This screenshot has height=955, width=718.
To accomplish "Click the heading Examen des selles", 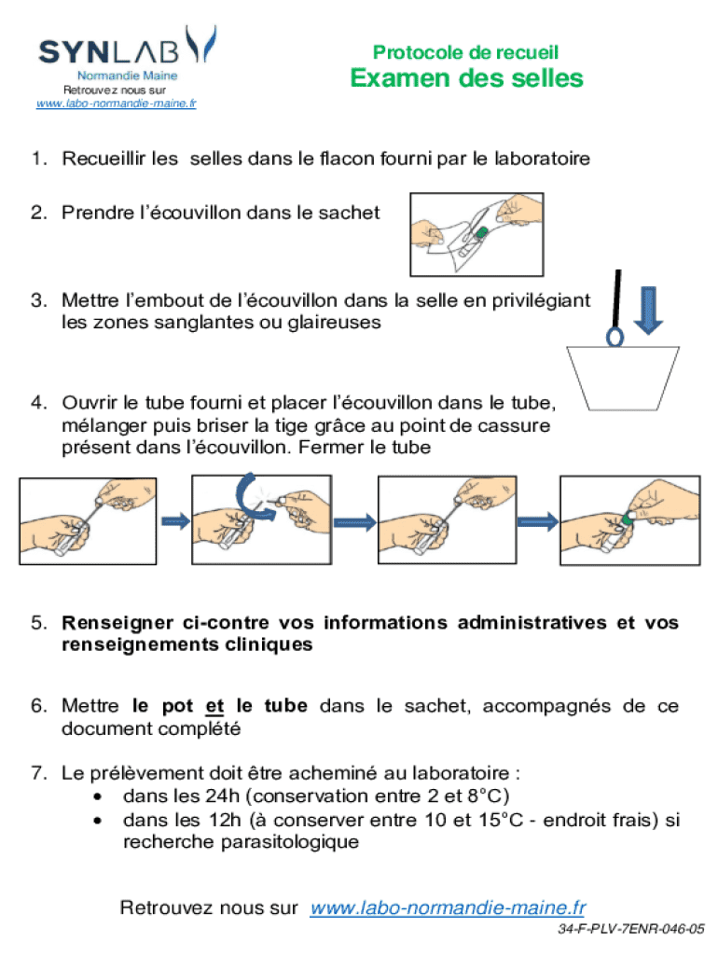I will tap(466, 78).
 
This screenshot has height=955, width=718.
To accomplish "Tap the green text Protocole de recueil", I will tap(465, 52).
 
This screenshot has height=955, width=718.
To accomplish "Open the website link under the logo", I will tap(116, 104).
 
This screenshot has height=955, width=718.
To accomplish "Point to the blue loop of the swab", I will tap(615, 335).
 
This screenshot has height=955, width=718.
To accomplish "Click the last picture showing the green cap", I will tap(628, 521).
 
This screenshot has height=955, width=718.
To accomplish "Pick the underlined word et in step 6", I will tap(214, 706).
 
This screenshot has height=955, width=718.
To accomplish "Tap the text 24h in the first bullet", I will tap(217, 796).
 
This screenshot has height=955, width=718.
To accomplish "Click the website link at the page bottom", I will tap(448, 907).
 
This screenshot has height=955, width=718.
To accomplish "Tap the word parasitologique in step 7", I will tap(241, 842).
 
